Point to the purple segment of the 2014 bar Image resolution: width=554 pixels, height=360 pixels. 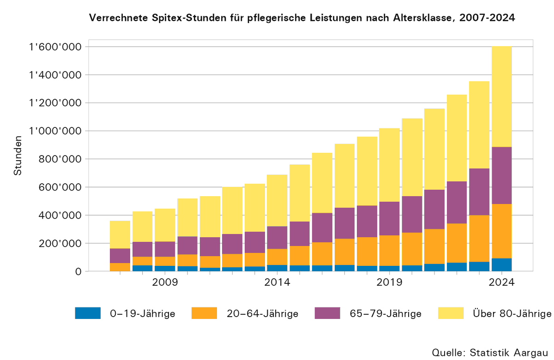click(x=277, y=238)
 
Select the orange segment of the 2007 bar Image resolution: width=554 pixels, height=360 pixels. click(x=120, y=267)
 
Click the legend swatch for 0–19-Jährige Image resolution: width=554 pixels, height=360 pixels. click(x=88, y=313)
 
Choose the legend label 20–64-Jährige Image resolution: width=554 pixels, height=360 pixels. click(x=262, y=314)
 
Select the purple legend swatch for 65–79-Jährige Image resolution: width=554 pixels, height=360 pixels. click(x=327, y=313)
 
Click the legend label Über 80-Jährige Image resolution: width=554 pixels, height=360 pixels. click(x=512, y=314)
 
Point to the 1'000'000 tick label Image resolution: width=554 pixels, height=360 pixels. click(x=55, y=131)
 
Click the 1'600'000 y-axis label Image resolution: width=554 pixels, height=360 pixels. click(x=55, y=47)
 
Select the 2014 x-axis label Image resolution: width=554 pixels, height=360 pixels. click(x=277, y=282)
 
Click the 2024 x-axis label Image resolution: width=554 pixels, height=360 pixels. click(x=501, y=282)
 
